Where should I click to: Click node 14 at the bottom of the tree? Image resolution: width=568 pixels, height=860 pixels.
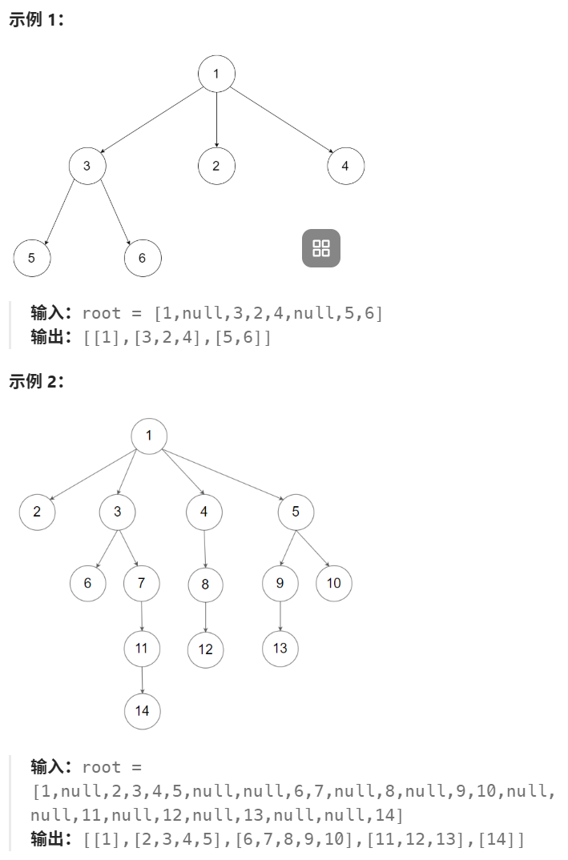(143, 711)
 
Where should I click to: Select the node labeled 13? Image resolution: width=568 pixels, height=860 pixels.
(280, 648)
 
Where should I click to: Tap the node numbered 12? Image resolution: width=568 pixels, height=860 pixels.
(206, 649)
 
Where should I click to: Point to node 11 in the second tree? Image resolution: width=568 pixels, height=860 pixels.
(142, 648)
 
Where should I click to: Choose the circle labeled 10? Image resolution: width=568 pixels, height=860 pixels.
(333, 583)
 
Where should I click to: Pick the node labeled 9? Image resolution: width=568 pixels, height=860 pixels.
(280, 583)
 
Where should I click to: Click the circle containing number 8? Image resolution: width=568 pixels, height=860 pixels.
(205, 584)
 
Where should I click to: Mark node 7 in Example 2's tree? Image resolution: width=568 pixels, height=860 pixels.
(142, 583)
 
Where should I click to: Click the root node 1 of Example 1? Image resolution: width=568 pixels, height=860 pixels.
(216, 74)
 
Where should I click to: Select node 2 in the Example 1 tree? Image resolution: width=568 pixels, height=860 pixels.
(216, 166)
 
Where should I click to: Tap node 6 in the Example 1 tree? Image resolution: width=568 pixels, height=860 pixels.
(143, 257)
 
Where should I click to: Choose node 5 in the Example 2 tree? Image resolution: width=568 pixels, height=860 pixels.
(296, 512)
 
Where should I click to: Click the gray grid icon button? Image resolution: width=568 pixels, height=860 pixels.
(321, 248)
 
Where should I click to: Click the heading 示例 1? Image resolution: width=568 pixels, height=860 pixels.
(36, 20)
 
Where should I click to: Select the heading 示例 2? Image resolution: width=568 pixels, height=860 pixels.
(36, 381)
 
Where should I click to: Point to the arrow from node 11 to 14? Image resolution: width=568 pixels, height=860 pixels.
(142, 680)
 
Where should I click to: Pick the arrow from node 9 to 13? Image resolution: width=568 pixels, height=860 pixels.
(280, 616)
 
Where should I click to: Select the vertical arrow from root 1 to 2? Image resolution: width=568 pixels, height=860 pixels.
(216, 120)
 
